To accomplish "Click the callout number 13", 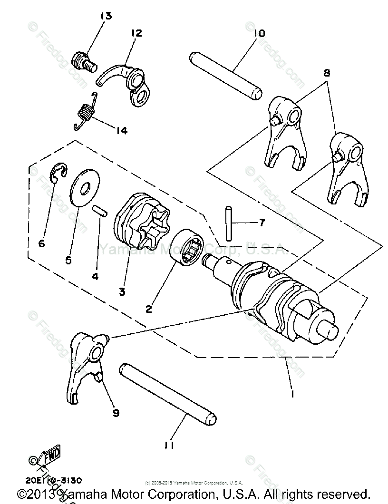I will (106, 16).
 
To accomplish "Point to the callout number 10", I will (259, 33).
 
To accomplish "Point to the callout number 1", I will (292, 394).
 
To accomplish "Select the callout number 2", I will (149, 309).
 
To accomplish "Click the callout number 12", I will (136, 33).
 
